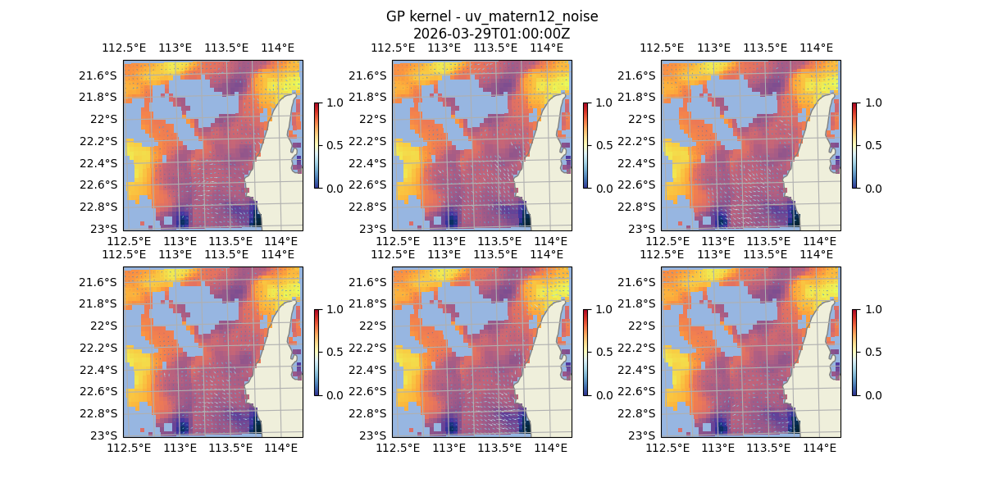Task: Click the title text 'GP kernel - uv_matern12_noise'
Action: [x=492, y=16]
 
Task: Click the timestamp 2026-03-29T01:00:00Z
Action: [x=492, y=34]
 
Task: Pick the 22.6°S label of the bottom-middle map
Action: [x=368, y=391]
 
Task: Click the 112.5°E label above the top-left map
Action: [x=123, y=48]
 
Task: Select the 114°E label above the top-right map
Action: [x=816, y=48]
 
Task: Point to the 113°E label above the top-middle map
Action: [x=444, y=48]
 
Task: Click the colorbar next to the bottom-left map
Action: [x=317, y=352]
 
